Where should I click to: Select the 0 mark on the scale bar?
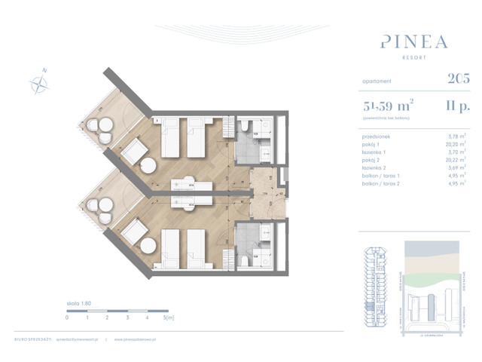(67, 319)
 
